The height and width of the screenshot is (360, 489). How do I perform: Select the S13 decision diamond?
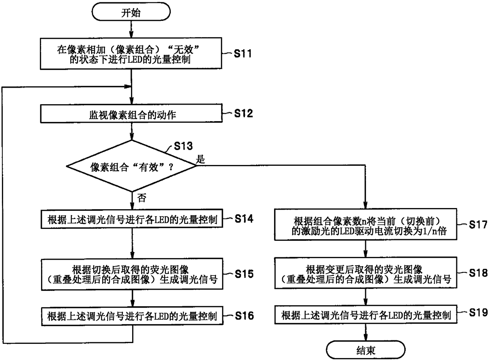(x=132, y=166)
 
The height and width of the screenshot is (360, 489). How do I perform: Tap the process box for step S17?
(x=365, y=227)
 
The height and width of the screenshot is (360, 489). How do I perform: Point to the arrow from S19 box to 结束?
(x=366, y=332)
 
